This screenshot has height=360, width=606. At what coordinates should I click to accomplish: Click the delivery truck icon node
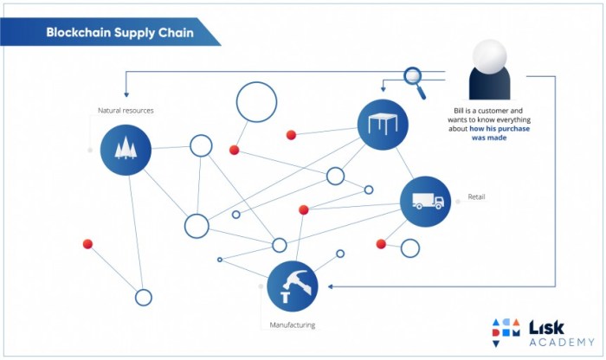coord(426,202)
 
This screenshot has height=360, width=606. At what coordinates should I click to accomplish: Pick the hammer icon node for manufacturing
coord(293,286)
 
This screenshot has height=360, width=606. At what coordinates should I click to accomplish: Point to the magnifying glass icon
coord(414,79)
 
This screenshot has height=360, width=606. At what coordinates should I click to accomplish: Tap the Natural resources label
coord(126,111)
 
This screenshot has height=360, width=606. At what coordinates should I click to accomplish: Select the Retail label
coord(477,197)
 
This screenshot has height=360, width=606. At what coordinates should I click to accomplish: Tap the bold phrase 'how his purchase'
coord(500,129)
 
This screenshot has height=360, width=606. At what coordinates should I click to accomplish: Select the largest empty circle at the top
coord(256,102)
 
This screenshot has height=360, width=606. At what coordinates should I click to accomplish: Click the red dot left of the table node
coord(292,134)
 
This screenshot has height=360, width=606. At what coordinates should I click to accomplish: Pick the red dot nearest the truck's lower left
coord(381,244)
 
